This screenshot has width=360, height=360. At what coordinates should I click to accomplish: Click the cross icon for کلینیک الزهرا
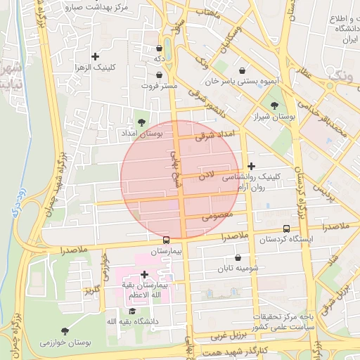pos(96,56)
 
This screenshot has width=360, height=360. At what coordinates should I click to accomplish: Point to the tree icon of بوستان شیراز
pos(274,105)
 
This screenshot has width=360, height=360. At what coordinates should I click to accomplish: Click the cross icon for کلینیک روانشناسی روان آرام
pos(251,166)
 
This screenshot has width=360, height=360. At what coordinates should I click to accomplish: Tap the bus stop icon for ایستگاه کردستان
pos(286,229)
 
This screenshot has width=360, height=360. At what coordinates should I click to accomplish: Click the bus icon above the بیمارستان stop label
pos(166,240)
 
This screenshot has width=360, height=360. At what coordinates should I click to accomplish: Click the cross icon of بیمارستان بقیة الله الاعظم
pos(144,275)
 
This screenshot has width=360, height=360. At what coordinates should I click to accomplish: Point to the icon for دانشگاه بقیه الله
pos(131,310)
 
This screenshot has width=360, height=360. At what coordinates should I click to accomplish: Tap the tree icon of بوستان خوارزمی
pos(65,330)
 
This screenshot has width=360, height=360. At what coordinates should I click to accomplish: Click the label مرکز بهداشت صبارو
pos(96,8)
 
